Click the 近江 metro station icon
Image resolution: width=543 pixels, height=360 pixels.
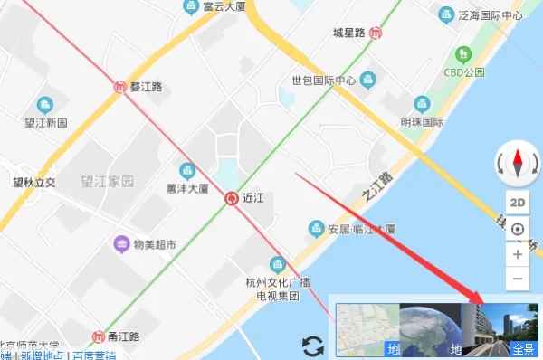[231, 197]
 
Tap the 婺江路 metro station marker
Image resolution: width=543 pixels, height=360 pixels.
[121, 87]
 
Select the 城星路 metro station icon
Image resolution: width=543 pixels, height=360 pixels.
[376, 33]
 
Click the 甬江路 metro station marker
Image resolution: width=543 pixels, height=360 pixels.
[99, 336]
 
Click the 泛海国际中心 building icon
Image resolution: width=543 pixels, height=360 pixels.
[445, 14]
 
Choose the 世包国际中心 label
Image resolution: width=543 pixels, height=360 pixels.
[323, 81]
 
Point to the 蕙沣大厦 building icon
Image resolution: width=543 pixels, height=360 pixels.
[187, 170]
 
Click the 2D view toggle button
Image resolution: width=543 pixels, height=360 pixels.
[518, 203]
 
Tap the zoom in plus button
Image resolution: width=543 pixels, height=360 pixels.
[518, 254]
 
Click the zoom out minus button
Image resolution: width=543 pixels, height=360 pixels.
[518, 279]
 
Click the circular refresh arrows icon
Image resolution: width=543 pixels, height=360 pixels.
[313, 345]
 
